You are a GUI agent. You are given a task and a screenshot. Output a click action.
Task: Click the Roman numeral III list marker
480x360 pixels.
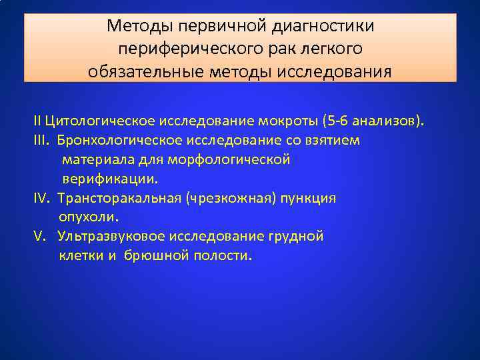(41, 141)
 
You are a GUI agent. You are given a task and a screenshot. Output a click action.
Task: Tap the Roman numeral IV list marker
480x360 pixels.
(42, 198)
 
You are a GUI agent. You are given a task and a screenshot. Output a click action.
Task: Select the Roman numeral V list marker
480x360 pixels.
(39, 236)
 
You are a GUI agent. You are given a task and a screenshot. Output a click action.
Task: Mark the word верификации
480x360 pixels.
(111, 179)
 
